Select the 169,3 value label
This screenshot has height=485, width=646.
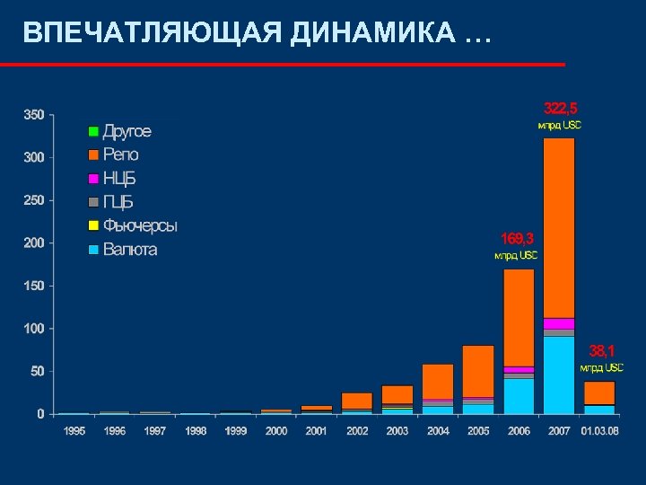click(518, 238)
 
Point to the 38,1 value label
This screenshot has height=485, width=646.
click(602, 349)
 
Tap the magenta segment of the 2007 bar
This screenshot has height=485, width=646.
click(559, 323)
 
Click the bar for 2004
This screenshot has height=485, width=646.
click(438, 386)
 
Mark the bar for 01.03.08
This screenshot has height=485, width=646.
click(599, 395)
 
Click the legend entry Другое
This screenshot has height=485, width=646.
click(127, 131)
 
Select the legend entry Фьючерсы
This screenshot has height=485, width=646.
click(139, 225)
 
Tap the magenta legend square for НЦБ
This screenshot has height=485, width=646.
click(92, 179)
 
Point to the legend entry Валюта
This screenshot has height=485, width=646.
click(129, 249)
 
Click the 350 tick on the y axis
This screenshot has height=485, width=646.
click(33, 115)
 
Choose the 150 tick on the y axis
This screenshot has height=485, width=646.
click(33, 286)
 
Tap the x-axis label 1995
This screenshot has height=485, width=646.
click(74, 431)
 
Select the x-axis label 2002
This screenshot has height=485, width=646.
click(357, 431)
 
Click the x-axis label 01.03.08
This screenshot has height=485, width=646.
click(599, 431)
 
